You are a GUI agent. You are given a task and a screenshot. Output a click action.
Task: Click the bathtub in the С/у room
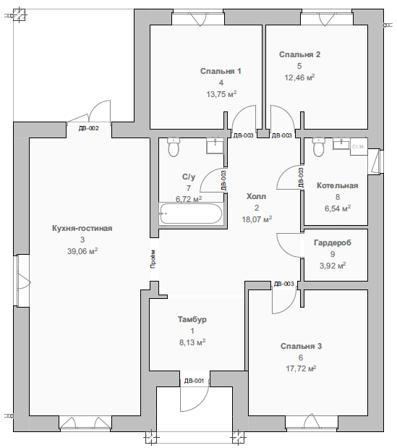[191, 213]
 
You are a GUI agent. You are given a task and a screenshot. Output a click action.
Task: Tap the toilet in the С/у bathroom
[174, 147]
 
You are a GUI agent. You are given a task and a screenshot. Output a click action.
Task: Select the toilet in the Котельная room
[317, 147]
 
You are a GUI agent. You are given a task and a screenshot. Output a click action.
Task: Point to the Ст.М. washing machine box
[359, 147]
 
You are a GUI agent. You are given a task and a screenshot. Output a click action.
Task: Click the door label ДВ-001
[194, 381]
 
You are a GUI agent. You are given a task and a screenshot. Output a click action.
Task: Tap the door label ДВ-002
[89, 128]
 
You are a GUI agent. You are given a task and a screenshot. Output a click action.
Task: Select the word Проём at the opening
[153, 259]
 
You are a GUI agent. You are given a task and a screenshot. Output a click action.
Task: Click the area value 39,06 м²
[82, 251]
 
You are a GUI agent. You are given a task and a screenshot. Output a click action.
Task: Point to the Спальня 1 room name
[221, 71]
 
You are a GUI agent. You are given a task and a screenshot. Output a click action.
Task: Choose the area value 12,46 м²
[299, 77]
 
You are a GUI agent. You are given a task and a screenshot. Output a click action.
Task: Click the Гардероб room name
[333, 242]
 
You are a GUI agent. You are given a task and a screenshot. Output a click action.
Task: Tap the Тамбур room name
[192, 319]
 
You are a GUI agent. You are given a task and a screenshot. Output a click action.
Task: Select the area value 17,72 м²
[301, 368]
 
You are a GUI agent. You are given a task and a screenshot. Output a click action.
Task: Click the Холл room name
[256, 196]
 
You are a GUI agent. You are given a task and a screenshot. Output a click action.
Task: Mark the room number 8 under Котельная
[338, 197]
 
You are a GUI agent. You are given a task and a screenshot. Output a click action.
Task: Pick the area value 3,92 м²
[333, 266]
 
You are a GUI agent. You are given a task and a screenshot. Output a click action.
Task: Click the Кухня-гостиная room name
[82, 228]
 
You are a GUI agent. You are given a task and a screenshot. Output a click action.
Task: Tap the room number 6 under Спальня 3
[301, 358]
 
